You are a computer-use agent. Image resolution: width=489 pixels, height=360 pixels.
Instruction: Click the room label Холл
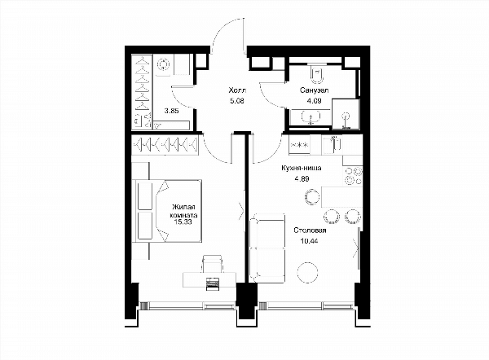click(x=237, y=90)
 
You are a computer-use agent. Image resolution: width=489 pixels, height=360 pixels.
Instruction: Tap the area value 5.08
click(x=236, y=101)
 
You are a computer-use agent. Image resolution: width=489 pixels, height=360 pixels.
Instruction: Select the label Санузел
click(x=314, y=90)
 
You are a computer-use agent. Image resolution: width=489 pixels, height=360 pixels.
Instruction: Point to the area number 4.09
click(x=314, y=101)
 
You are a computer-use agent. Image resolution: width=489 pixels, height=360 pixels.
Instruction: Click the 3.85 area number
click(x=171, y=111)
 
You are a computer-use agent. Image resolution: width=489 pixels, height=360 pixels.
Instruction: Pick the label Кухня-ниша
click(x=302, y=168)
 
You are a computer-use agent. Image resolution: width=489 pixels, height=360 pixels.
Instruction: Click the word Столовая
click(x=310, y=230)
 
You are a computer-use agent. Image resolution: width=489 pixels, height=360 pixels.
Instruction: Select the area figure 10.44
click(x=310, y=241)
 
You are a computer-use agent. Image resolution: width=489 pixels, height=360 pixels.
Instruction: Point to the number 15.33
click(x=183, y=222)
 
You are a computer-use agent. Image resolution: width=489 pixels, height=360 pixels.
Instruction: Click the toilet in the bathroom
click(x=317, y=73)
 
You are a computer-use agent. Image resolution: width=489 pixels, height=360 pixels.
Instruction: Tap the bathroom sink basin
click(x=311, y=117)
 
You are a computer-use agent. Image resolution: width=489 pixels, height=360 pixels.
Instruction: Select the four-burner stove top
click(x=353, y=176)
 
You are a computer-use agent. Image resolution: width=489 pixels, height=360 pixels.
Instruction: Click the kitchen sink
click(x=333, y=145)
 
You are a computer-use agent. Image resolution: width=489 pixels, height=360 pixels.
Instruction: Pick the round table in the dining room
click(x=308, y=272)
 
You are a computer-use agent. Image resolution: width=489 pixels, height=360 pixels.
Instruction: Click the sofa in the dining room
click(x=267, y=248)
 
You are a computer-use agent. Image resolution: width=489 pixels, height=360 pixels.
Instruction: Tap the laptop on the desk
click(x=213, y=283)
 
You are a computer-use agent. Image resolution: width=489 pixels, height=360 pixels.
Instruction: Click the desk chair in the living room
click(x=213, y=264)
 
